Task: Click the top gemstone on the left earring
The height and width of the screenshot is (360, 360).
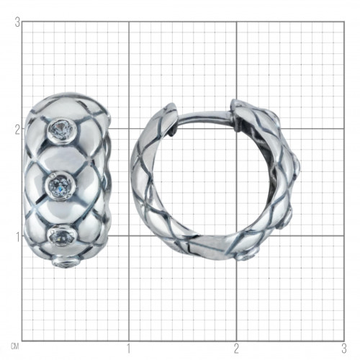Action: [x=61, y=130]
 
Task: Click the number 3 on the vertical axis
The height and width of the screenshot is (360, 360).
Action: [x=17, y=22]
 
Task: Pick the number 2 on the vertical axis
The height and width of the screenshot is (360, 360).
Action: [x=17, y=130]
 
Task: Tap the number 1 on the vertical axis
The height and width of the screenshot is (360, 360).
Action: [x=17, y=238]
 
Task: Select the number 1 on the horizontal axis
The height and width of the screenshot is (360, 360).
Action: [x=129, y=348]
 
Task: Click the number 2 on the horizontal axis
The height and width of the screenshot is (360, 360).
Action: [x=237, y=348]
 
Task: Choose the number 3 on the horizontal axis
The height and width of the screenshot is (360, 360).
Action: [x=344, y=348]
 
